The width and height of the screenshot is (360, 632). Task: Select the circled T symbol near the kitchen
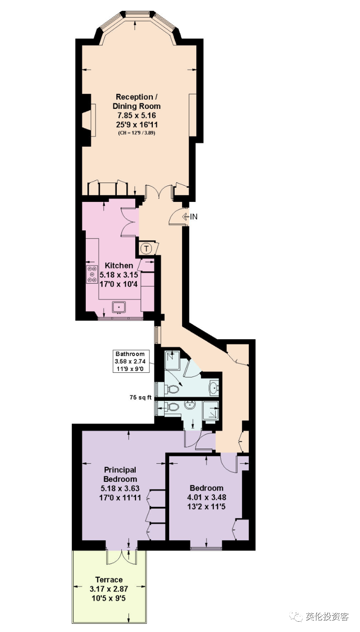click(x=146, y=249)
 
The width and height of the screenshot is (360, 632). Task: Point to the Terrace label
click(x=109, y=579)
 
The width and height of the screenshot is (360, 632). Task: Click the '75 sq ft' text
click(x=140, y=397)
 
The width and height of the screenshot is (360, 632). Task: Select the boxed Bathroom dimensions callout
click(x=131, y=361)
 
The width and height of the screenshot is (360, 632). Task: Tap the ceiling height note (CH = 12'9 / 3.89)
click(x=137, y=133)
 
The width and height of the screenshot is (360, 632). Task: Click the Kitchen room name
click(x=119, y=266)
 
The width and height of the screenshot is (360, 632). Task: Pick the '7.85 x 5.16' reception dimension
click(x=137, y=115)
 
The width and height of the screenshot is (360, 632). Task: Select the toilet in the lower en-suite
click(x=172, y=407)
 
